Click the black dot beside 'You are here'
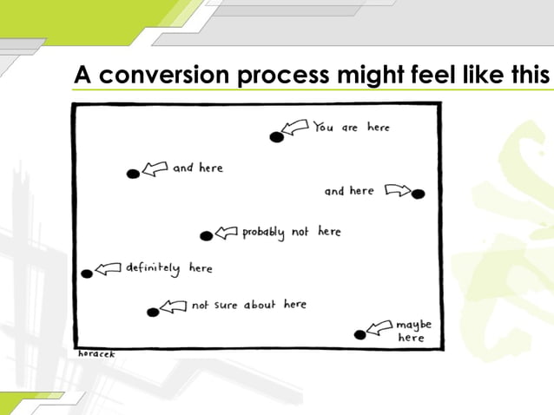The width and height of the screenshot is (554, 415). (x=276, y=136)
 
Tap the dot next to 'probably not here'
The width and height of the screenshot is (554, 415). (x=206, y=235)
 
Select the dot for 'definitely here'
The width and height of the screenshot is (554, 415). (x=87, y=273)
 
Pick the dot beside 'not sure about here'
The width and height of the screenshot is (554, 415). (x=153, y=312)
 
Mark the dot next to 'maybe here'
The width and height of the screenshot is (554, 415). (x=359, y=334)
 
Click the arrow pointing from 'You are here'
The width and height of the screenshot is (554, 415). (x=297, y=128)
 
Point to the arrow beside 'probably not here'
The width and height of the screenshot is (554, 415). (x=226, y=232)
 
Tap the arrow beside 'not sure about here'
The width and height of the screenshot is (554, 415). (x=174, y=306)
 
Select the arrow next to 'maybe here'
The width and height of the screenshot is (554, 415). (x=379, y=327)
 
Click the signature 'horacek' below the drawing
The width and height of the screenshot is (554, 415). (x=96, y=354)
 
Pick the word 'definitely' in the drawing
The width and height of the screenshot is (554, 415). (x=153, y=268)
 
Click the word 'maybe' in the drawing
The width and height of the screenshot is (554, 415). (x=413, y=325)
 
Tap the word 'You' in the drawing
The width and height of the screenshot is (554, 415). (x=324, y=128)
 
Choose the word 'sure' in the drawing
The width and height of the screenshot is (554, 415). (x=227, y=305)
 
